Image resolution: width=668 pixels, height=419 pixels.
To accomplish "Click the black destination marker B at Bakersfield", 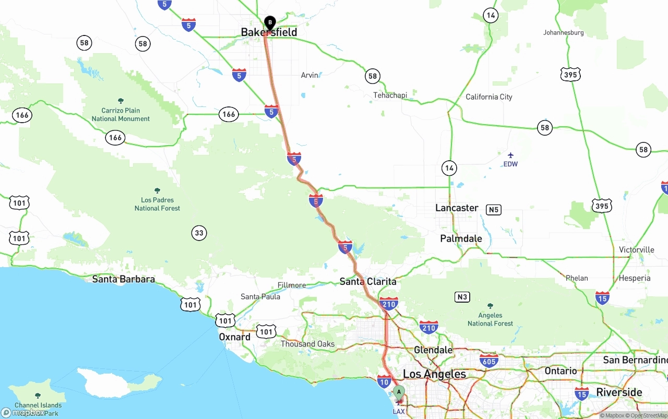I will click(x=270, y=23).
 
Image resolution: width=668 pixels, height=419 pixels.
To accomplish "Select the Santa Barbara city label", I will click(x=123, y=279).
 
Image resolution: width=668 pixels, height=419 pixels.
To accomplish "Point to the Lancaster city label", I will click(x=457, y=208).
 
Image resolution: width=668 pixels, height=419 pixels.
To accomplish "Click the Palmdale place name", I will click(x=461, y=238).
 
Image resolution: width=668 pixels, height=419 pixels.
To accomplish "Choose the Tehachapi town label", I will click(x=390, y=95).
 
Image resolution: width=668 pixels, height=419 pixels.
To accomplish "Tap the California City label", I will click(x=489, y=97).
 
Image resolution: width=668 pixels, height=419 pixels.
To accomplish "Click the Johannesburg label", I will click(x=563, y=32).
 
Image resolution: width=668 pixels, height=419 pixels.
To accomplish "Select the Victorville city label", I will click(x=636, y=250).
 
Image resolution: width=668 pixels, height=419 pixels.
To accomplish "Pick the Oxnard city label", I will click(x=234, y=337).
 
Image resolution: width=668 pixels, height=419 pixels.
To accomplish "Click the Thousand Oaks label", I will click(x=307, y=344).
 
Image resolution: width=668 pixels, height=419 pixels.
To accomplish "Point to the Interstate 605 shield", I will click(x=489, y=360).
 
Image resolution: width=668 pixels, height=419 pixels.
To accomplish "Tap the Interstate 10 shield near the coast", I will click(x=384, y=381).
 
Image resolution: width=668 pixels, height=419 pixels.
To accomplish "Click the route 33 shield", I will click(x=199, y=233).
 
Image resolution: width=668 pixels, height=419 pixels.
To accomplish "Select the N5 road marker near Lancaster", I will click(x=493, y=210).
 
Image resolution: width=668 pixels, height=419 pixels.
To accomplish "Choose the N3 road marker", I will click(x=462, y=297).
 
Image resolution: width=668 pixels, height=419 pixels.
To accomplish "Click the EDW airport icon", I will click(x=510, y=155).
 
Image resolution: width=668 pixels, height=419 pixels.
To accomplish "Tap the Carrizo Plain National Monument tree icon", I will click(x=121, y=101).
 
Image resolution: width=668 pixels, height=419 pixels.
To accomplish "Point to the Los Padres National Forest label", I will click(x=157, y=204).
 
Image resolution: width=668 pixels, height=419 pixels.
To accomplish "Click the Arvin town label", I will click(x=309, y=75).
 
